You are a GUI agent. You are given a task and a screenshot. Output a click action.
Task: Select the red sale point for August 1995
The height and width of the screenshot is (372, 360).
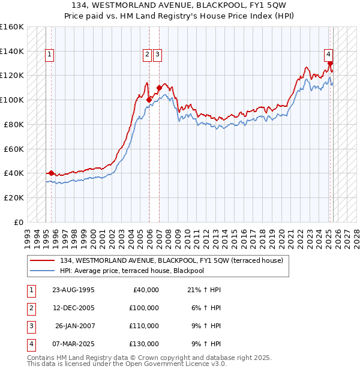click(51, 173)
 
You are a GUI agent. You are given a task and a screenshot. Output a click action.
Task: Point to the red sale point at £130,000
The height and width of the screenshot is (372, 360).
click(330, 63)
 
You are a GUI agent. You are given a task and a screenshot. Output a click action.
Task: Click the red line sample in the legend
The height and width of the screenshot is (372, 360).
click(43, 260)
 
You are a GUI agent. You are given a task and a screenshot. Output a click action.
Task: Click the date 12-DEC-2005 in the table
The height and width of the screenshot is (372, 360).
click(73, 308)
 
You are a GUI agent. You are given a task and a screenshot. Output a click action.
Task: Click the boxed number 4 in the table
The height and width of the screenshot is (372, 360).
click(31, 344)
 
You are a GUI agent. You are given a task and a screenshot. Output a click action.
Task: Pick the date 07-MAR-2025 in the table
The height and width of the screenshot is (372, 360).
click(73, 344)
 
